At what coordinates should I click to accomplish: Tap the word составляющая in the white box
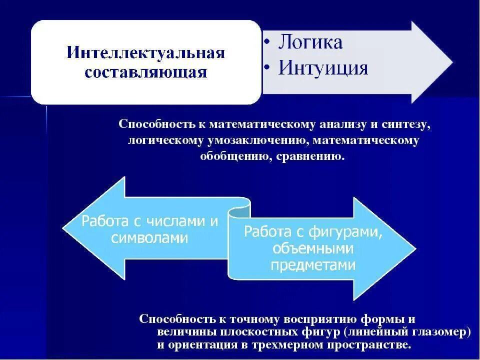click(146, 72)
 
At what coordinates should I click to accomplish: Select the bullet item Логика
click(310, 42)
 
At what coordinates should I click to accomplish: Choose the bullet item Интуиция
click(323, 67)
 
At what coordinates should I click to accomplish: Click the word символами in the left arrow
click(149, 238)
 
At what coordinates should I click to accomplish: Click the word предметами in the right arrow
click(313, 264)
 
